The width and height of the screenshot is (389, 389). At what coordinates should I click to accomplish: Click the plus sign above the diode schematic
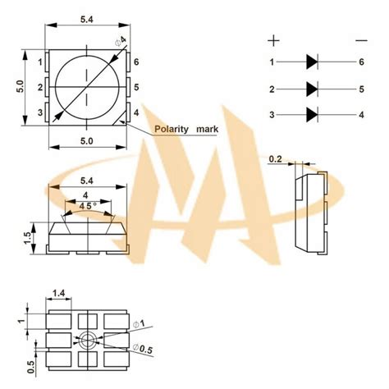tap(273, 41)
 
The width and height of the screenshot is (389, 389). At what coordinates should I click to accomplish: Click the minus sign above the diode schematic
tap(361, 40)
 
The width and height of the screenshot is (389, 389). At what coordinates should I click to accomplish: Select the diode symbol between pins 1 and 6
tap(312, 62)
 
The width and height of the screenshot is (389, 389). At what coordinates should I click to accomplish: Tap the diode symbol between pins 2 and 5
tap(312, 89)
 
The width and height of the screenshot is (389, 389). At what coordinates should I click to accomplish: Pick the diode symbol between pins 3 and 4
tap(312, 115)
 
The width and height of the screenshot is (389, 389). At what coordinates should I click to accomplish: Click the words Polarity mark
tap(186, 129)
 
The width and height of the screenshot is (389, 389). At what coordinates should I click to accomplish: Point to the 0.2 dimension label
tap(275, 159)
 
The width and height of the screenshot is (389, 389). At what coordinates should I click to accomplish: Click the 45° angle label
tap(88, 206)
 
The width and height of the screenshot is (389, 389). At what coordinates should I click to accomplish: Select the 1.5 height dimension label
tap(28, 238)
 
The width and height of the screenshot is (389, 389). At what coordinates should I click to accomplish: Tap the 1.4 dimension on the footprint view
tap(58, 293)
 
